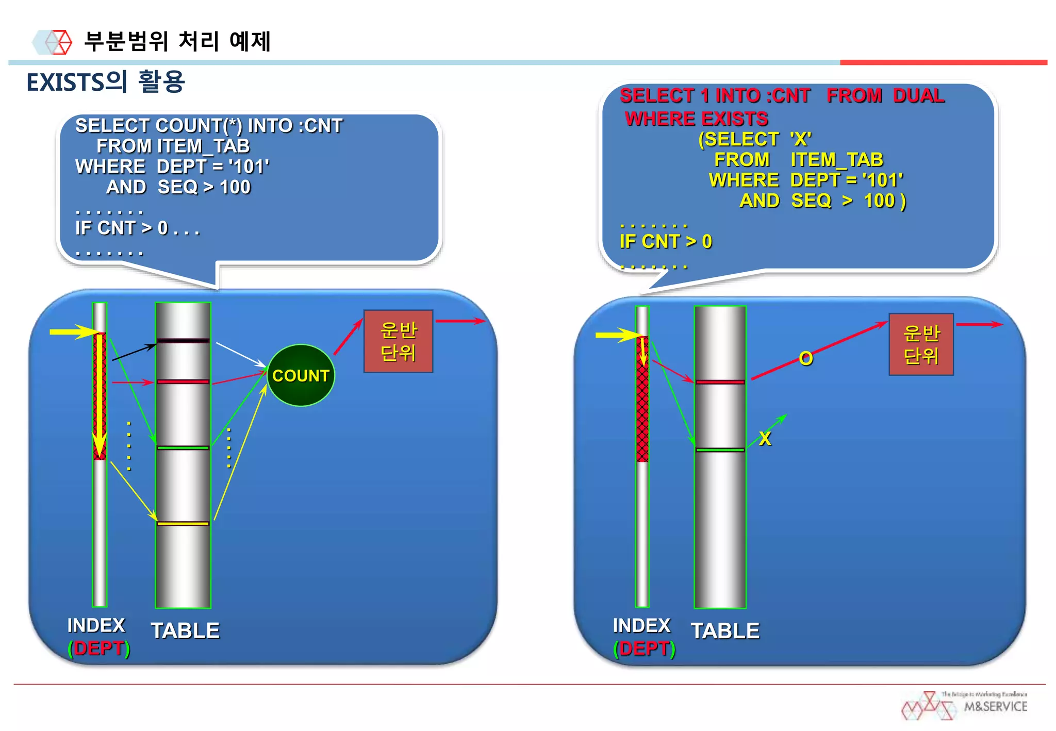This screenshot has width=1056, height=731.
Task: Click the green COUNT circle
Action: pyautogui.click(x=301, y=375)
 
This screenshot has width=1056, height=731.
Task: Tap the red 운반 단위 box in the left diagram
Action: pyautogui.click(x=398, y=341)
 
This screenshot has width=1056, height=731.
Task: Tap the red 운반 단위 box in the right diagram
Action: pyautogui.click(x=921, y=344)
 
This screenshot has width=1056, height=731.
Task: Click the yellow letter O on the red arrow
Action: pyautogui.click(x=806, y=358)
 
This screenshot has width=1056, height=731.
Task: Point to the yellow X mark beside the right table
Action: pyautogui.click(x=765, y=439)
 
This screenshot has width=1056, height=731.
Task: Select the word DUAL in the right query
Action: pyautogui.click(x=918, y=96)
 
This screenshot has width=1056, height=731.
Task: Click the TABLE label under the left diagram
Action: pyautogui.click(x=185, y=630)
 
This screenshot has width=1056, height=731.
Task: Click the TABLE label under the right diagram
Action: pyautogui.click(x=725, y=631)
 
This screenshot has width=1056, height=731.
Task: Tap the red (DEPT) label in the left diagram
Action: pyautogui.click(x=98, y=649)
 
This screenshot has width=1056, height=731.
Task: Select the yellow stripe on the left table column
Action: pyautogui.click(x=183, y=524)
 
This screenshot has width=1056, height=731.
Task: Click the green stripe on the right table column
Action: pyautogui.click(x=720, y=450)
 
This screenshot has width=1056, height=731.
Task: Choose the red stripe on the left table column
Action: pyautogui.click(x=183, y=381)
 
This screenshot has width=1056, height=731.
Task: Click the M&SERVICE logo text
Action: pyautogui.click(x=995, y=707)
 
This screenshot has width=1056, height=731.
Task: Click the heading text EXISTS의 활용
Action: pyautogui.click(x=106, y=82)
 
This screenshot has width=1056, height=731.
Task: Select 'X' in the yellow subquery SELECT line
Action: pyautogui.click(x=800, y=139)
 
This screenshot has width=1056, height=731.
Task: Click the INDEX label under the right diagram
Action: pyautogui.click(x=641, y=625)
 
